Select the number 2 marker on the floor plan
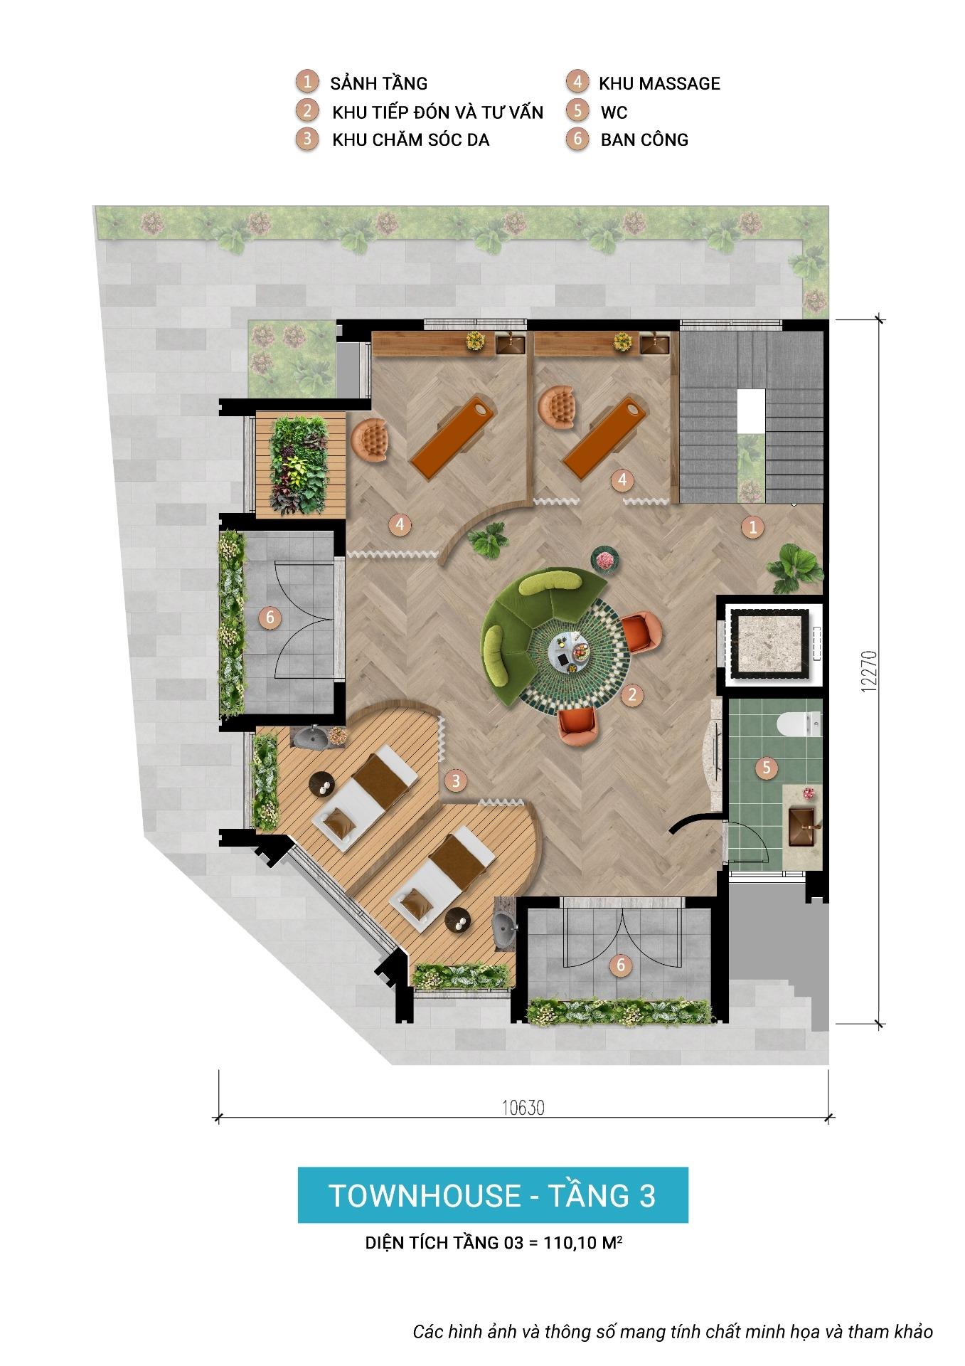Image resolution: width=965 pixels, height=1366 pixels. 631,694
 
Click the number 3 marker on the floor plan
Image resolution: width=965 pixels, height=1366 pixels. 456,780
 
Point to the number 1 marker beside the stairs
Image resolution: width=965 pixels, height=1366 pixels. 752,527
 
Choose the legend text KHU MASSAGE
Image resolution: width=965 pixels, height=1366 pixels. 659,83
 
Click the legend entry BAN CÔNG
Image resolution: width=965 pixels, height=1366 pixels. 644,139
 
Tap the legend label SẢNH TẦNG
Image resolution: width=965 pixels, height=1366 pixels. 379,83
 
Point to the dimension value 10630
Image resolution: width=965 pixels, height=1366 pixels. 523,1108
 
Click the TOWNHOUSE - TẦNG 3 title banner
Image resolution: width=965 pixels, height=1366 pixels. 492,1195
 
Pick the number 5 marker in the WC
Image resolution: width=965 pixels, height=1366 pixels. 767,768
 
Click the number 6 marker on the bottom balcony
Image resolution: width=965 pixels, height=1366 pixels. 621,965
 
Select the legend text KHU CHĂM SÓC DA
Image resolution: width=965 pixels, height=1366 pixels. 410,139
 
